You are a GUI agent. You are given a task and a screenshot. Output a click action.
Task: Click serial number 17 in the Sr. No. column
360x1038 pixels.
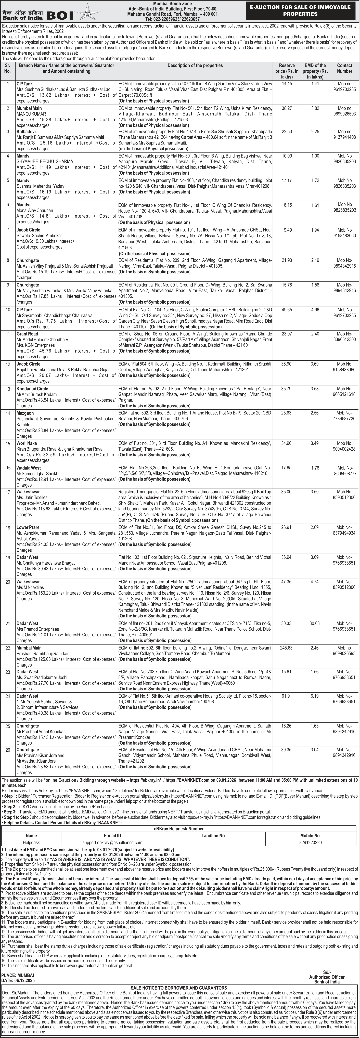(7, 492)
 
